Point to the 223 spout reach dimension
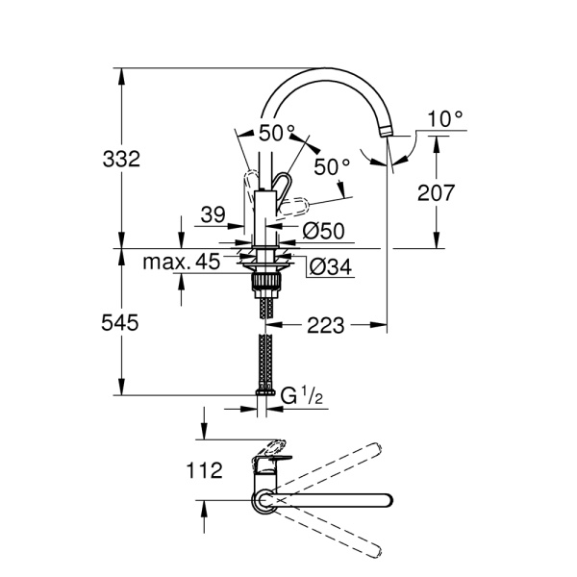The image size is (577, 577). click(x=326, y=326)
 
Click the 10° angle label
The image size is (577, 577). click(x=445, y=118)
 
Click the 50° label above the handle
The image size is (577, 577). click(x=277, y=132)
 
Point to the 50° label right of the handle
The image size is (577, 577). click(x=332, y=166)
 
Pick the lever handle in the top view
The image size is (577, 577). click(x=272, y=451)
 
